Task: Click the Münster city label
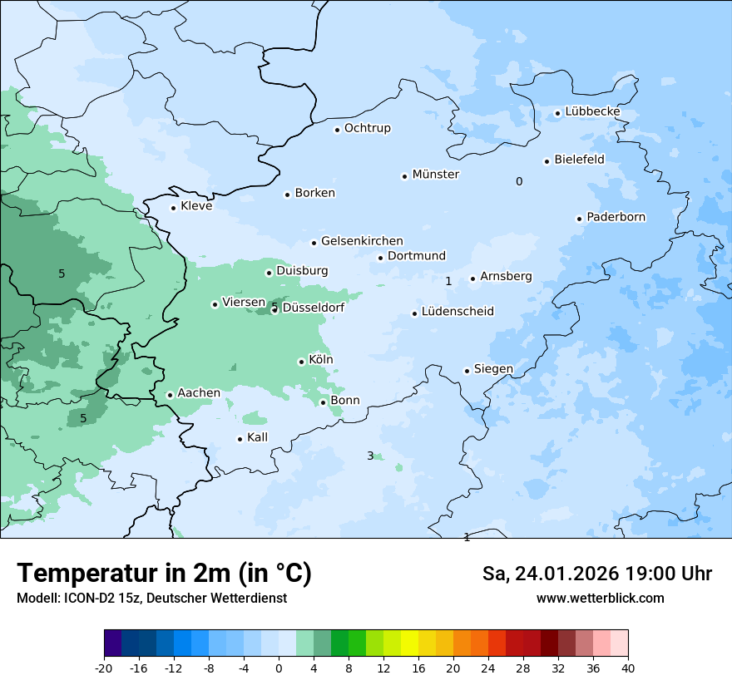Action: (x=436, y=175)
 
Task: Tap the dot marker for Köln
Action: (x=301, y=362)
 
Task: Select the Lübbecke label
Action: (x=592, y=111)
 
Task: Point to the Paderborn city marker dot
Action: (x=579, y=219)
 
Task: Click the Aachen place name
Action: (x=199, y=393)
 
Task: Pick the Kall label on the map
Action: (x=257, y=437)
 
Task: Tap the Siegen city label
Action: (x=493, y=369)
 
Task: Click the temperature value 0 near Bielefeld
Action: (x=519, y=181)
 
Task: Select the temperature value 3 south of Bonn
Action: (x=370, y=456)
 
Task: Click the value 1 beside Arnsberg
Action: (x=448, y=282)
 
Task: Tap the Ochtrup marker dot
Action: (x=337, y=129)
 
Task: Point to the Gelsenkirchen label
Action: (x=362, y=241)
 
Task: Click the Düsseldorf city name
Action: (x=314, y=308)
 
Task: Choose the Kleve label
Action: (x=196, y=206)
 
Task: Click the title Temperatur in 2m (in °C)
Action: (x=164, y=574)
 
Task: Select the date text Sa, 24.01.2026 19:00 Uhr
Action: (x=596, y=574)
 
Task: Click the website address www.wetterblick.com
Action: (x=600, y=598)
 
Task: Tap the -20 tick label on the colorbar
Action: (x=104, y=668)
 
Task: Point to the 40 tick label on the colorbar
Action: (x=628, y=668)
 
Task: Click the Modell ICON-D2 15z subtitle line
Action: (x=151, y=598)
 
